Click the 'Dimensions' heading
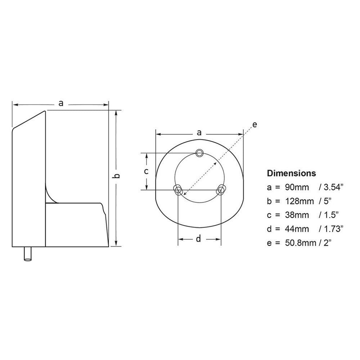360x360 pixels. click(x=291, y=173)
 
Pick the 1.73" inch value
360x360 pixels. click(x=332, y=229)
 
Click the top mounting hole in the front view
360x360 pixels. click(x=199, y=153)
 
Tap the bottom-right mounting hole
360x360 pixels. click(x=221, y=189)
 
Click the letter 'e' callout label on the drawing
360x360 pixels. click(x=255, y=125)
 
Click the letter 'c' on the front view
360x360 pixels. click(x=146, y=171)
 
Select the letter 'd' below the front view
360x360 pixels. click(x=198, y=239)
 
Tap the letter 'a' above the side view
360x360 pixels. click(x=61, y=104)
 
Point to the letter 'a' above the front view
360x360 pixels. click(x=199, y=132)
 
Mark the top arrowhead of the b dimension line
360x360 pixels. click(x=116, y=113)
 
